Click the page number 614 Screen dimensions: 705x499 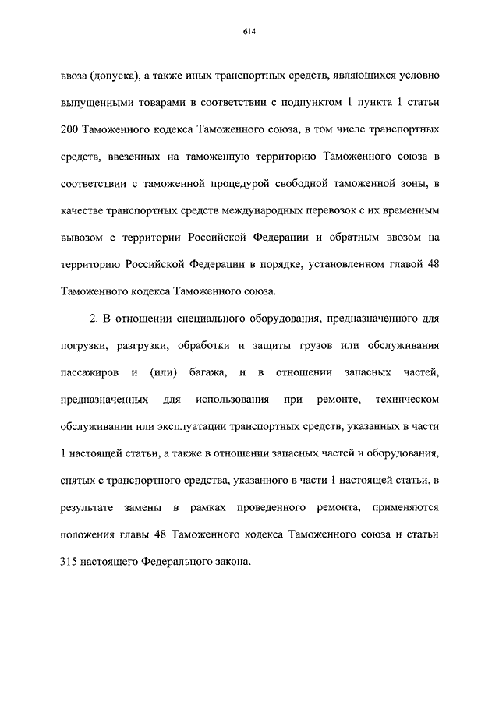point(249,32)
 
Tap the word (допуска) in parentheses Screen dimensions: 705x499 point(115,76)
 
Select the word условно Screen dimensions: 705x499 point(420,76)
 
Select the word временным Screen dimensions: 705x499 point(409,211)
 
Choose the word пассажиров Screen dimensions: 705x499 point(88,372)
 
